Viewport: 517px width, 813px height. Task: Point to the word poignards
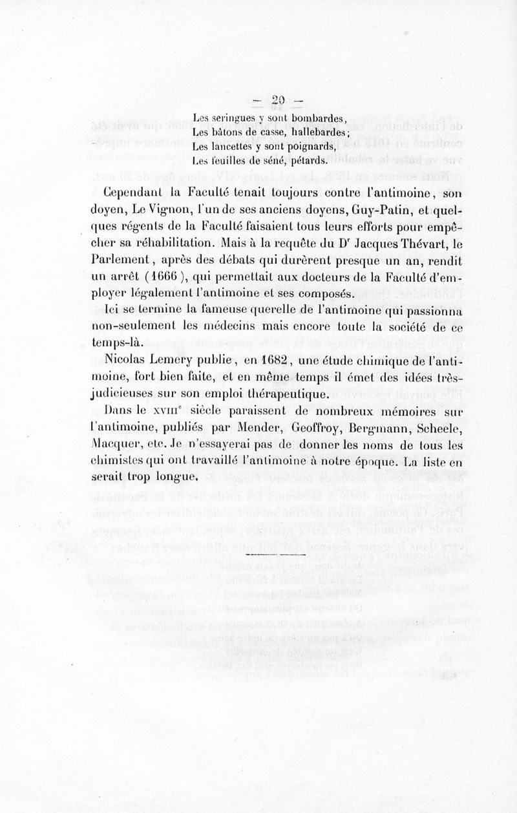tap(308, 147)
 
